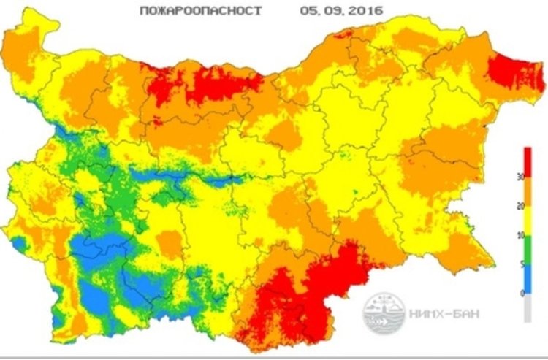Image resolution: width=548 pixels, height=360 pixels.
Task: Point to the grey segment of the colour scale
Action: pyautogui.click(x=527, y=307)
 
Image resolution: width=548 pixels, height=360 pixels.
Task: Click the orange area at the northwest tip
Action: pyautogui.click(x=29, y=51)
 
